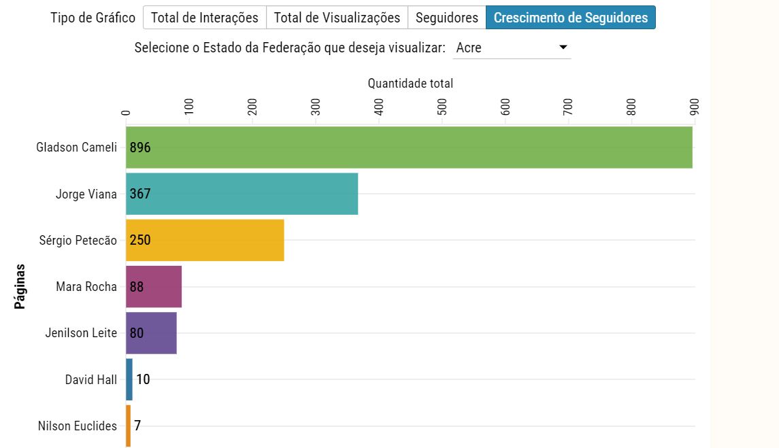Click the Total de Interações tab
point(204,18)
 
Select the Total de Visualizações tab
point(337,18)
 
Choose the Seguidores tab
point(446,18)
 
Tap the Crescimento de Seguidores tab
point(570,18)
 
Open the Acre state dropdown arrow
point(563,48)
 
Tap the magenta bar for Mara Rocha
point(163,286)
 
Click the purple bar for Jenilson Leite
point(160,332)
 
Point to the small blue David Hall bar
point(129,379)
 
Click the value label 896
point(140,148)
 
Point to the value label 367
point(140,194)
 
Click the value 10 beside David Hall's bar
point(143,379)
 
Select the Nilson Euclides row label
point(78,426)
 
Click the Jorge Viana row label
point(86,194)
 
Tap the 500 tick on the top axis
point(442,107)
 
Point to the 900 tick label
point(695,107)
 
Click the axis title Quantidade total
point(410,84)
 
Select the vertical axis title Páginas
point(20,286)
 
